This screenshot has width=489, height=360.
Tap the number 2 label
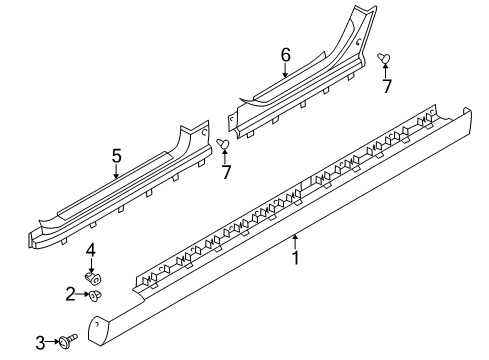pos(71,294)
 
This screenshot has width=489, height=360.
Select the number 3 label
pos(41,344)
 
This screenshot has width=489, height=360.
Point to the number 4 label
pos(89,249)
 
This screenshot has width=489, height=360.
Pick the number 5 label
pos(116,155)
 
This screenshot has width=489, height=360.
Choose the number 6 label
pos(285,54)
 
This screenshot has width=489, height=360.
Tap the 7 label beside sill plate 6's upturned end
pos(387,87)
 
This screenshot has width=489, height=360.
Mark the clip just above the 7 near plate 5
pos(224,146)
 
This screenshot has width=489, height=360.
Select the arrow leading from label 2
pos(81,294)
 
